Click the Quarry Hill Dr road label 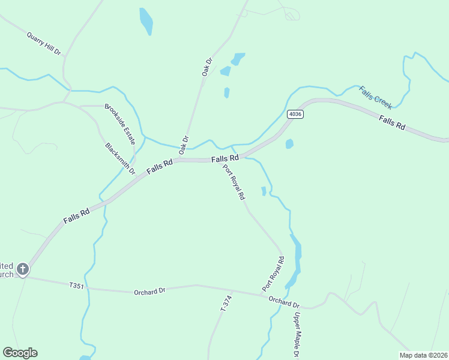(44, 44)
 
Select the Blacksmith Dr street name (120, 158)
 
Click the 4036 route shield (294, 114)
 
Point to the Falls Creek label (376, 97)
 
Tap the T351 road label (76, 286)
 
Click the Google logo (20, 353)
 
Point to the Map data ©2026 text (423, 355)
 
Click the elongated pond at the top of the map (146, 22)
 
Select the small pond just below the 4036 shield (290, 144)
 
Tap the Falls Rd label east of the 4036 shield (392, 125)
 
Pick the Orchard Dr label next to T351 (149, 292)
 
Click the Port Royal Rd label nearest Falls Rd (234, 182)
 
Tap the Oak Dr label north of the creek (207, 66)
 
